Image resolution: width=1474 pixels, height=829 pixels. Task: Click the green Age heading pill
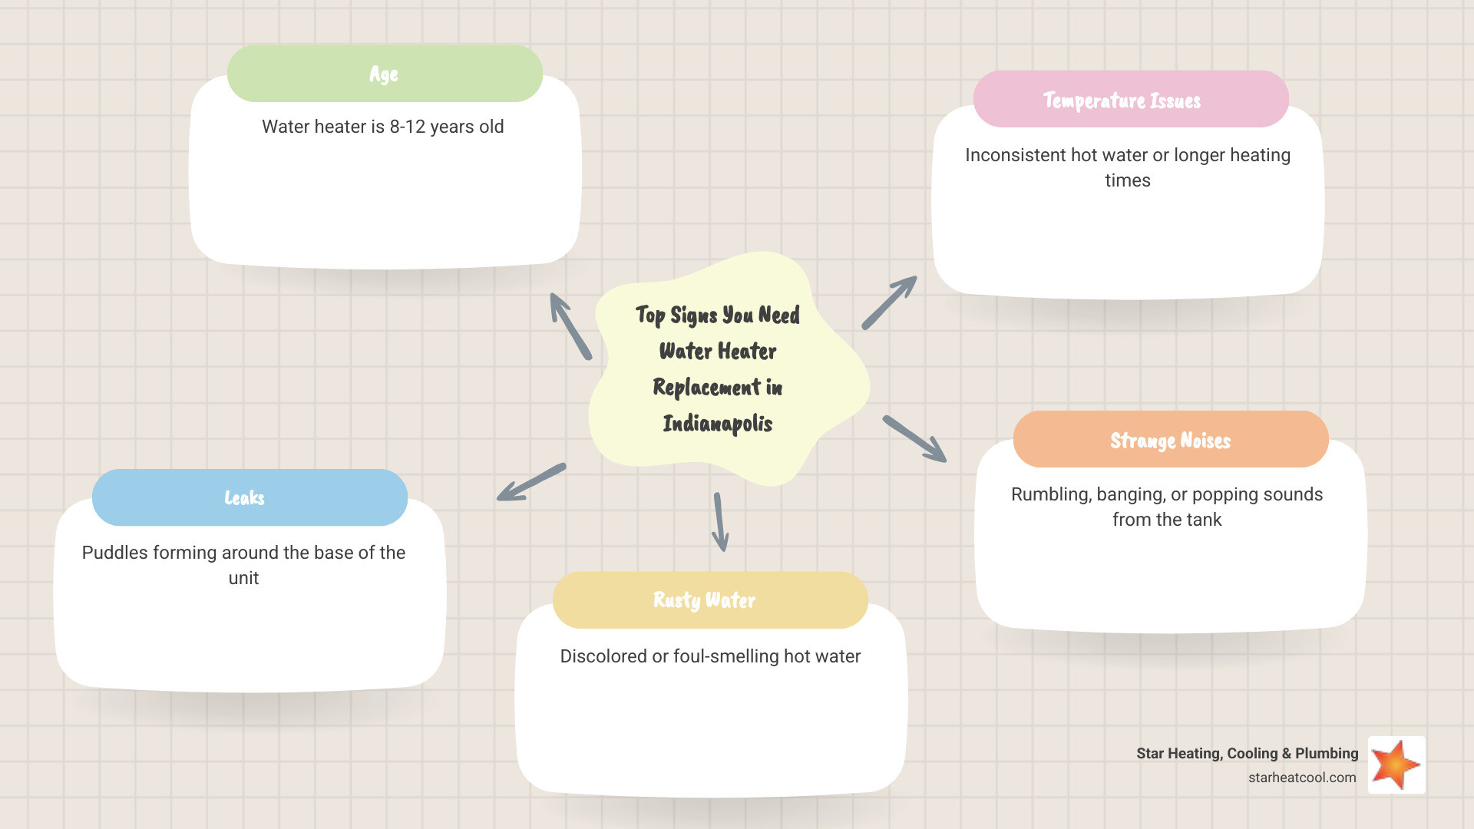pos(385,74)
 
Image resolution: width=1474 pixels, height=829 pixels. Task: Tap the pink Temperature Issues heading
pos(1130,100)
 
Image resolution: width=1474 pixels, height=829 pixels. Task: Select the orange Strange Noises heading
pos(1170,440)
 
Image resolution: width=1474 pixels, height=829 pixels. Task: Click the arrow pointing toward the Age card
pos(570,325)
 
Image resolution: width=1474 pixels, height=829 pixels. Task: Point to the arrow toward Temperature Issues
pos(889,302)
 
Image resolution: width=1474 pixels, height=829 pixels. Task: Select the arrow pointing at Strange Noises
pos(915,439)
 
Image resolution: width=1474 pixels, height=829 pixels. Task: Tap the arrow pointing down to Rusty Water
pos(719,522)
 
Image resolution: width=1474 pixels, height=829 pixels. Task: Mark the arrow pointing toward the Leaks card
pos(531,482)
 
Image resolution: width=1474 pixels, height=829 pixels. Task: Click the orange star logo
pos(1396,765)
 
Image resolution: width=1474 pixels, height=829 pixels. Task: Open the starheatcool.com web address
pos(1302,778)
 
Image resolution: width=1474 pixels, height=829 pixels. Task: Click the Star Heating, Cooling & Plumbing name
pos(1247,754)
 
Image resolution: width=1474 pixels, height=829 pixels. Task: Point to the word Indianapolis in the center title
pos(718,424)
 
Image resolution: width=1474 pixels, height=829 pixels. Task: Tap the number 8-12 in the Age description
pos(407,127)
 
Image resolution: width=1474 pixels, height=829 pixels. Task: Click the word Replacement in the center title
pos(706,388)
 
